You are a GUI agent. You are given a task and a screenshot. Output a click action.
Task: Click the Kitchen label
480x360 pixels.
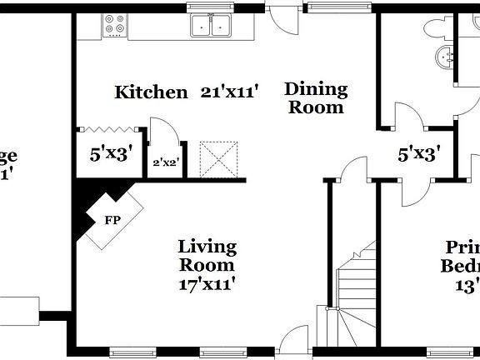tap(151, 92)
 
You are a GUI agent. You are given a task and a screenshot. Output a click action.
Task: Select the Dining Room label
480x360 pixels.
tap(316, 97)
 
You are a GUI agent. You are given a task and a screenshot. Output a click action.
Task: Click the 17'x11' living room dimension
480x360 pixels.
tap(207, 284)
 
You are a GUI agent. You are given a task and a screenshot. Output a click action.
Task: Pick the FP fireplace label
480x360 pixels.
tap(111, 221)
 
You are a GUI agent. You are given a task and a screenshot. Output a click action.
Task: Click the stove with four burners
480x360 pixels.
tap(114, 27)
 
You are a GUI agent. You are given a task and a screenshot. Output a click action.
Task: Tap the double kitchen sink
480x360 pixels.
tap(210, 27)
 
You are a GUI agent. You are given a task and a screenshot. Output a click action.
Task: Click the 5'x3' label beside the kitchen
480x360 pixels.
tap(111, 153)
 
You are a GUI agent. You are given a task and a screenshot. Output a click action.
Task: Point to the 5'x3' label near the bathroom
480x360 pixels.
tap(418, 153)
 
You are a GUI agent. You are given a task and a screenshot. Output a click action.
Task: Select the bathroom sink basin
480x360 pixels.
tap(443, 58)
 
